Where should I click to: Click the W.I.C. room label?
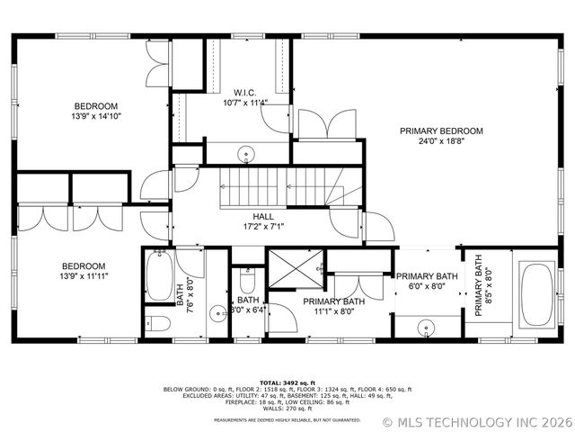246,93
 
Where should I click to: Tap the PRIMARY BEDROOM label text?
441,131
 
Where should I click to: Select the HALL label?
263,216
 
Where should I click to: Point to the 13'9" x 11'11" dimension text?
84,276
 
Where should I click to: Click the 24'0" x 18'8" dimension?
441,141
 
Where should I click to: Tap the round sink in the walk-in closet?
245,155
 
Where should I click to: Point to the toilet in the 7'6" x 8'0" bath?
159,323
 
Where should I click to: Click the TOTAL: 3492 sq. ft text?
287,382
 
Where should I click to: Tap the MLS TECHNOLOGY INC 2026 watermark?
476,421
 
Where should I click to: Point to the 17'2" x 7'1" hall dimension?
263,227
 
